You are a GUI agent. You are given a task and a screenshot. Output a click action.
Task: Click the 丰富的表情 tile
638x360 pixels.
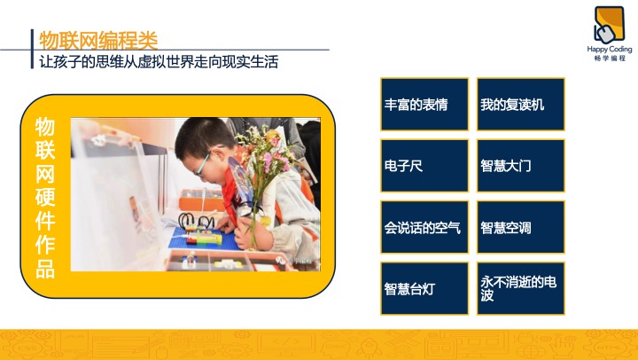click(x=424, y=105)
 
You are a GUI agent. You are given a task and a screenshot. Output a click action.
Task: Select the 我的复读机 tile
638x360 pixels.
click(x=521, y=105)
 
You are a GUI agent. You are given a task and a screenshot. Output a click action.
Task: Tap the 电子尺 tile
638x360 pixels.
click(x=424, y=166)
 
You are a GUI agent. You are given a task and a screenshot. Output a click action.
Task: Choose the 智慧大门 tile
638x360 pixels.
click(x=521, y=166)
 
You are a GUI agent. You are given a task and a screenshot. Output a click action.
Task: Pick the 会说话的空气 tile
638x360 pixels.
click(x=424, y=227)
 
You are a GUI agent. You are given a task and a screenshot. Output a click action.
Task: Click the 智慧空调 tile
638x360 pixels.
click(x=521, y=227)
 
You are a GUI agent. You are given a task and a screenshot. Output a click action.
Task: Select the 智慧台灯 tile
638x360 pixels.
click(x=424, y=289)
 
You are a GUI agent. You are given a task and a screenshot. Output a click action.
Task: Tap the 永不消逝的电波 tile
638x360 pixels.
click(x=521, y=289)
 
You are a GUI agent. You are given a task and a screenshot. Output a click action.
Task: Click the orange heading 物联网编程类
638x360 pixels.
click(x=98, y=40)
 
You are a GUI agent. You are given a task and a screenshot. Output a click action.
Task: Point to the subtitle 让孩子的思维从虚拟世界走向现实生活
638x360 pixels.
click(x=159, y=62)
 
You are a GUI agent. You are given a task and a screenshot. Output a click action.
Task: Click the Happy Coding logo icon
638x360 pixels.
click(x=609, y=25)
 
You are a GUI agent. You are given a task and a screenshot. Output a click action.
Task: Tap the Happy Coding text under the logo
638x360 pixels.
click(x=609, y=50)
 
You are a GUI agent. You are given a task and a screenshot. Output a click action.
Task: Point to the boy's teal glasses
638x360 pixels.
click(x=203, y=163)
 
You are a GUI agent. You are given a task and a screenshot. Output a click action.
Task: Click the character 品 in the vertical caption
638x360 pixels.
click(x=45, y=269)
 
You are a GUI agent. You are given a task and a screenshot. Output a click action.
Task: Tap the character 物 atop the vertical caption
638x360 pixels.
click(x=45, y=127)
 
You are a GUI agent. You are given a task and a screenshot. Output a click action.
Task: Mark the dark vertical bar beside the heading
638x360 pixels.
click(x=32, y=49)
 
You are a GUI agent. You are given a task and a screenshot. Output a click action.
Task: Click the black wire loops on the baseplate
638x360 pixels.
click(x=197, y=221)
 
